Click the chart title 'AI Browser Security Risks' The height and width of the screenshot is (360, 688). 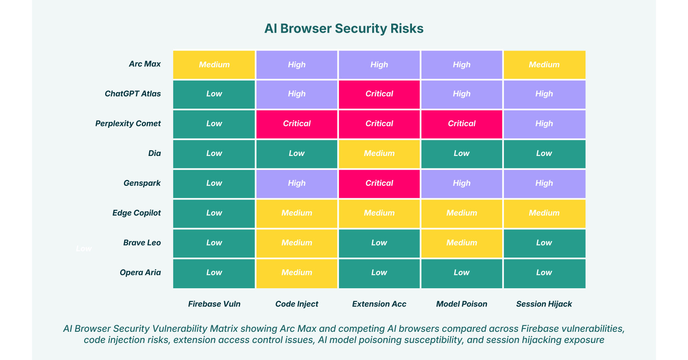tap(344, 28)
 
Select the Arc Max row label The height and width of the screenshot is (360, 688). tap(145, 64)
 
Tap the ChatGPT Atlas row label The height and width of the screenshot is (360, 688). tap(133, 94)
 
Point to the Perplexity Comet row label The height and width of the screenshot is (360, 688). tap(128, 124)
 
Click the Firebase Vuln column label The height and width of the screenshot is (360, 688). tap(214, 304)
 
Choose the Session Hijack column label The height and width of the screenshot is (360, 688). tap(544, 304)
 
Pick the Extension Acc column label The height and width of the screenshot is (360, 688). tap(379, 304)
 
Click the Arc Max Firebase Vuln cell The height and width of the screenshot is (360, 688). tap(214, 65)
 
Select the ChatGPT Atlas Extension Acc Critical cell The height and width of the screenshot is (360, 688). tap(379, 94)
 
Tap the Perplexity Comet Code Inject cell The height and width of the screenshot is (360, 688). tap(297, 124)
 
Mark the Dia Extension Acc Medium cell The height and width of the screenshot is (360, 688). tap(379, 154)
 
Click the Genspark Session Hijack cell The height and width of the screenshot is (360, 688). tap(544, 184)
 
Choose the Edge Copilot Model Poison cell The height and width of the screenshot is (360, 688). tap(462, 214)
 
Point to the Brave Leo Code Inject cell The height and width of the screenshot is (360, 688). tap(297, 243)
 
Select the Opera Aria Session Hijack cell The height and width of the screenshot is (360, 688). tap(544, 273)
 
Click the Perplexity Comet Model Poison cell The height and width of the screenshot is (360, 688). tap(462, 124)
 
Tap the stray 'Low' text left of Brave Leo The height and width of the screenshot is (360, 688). tap(84, 248)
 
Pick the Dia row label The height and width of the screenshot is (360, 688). tap(154, 153)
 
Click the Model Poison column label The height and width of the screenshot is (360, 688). tap(462, 304)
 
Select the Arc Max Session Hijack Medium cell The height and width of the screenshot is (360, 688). tap(544, 65)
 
